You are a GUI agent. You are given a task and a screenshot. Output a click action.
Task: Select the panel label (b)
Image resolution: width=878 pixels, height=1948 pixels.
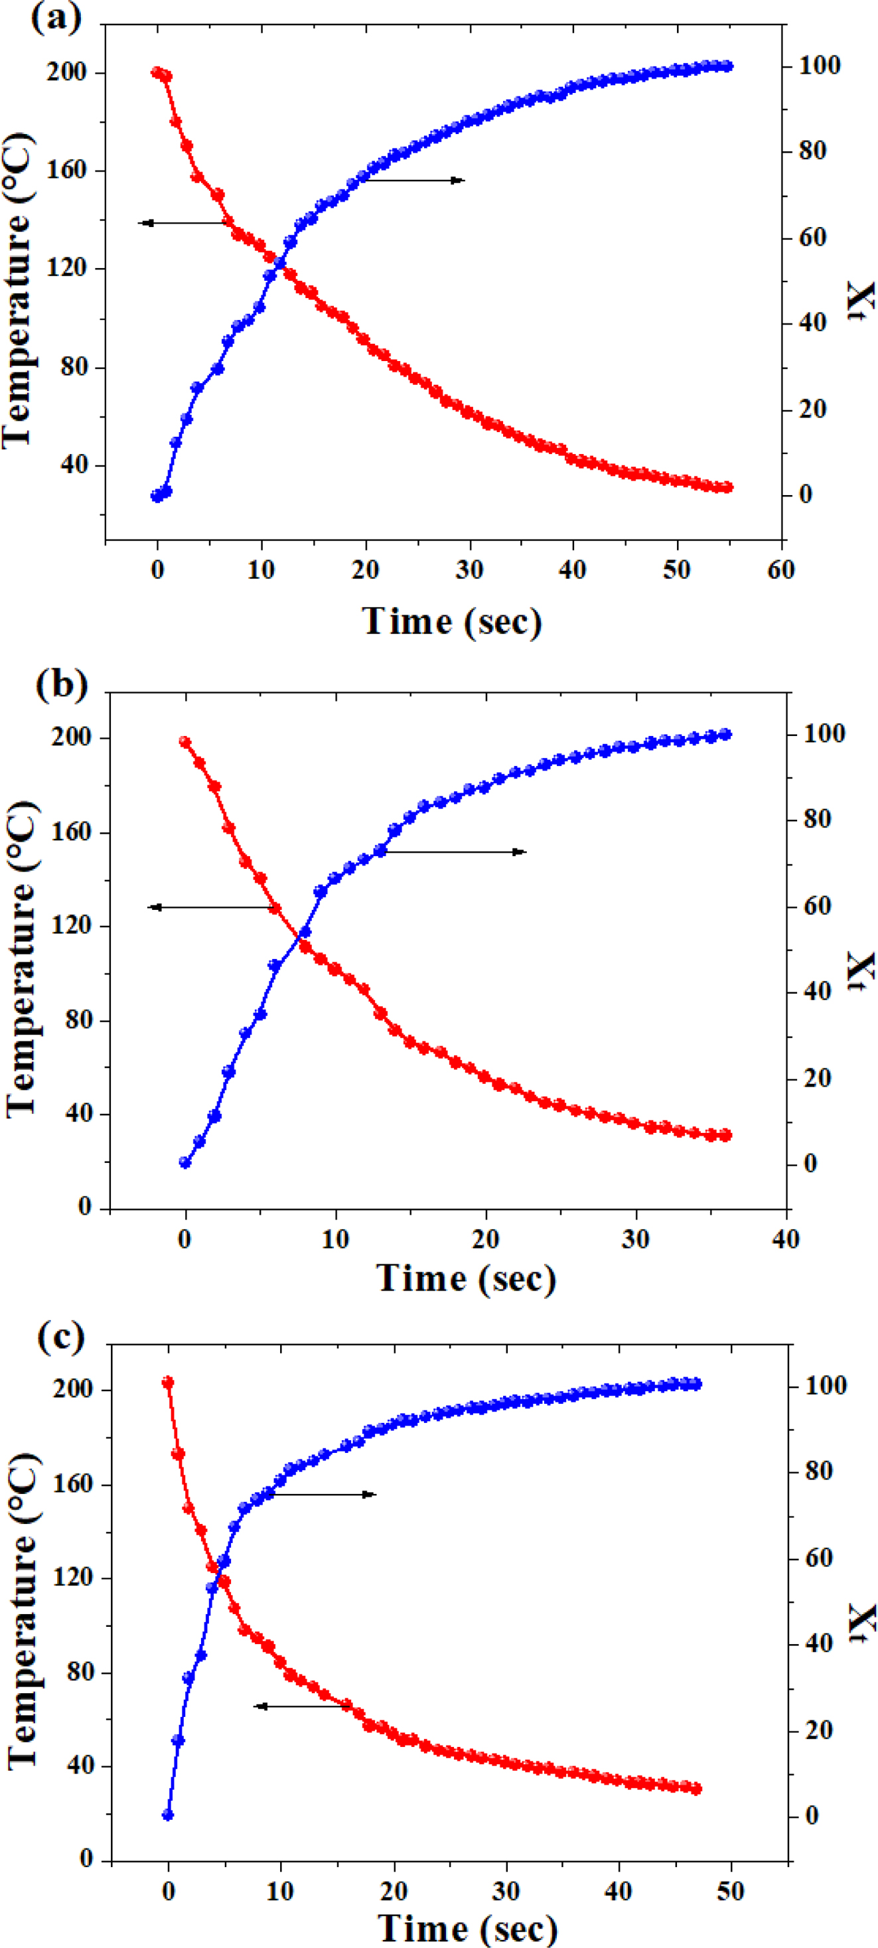[x=60, y=685]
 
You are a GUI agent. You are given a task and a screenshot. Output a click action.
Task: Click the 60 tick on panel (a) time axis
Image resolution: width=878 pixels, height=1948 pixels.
[x=780, y=569]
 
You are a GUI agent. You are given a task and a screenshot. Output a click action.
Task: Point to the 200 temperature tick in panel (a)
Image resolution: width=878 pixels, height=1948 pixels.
[x=66, y=72]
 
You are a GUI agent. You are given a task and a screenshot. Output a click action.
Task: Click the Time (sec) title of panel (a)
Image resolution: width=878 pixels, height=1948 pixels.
[x=452, y=623]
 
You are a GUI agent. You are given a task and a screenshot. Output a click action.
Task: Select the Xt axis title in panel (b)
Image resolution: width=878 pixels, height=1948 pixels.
[x=861, y=971]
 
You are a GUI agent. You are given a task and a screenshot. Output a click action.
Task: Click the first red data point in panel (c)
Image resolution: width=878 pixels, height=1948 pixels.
[x=168, y=1383]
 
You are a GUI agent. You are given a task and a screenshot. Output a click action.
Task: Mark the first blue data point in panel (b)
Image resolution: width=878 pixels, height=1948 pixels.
[x=184, y=1162]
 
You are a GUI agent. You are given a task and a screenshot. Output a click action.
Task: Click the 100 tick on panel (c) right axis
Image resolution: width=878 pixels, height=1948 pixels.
[x=825, y=1385]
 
